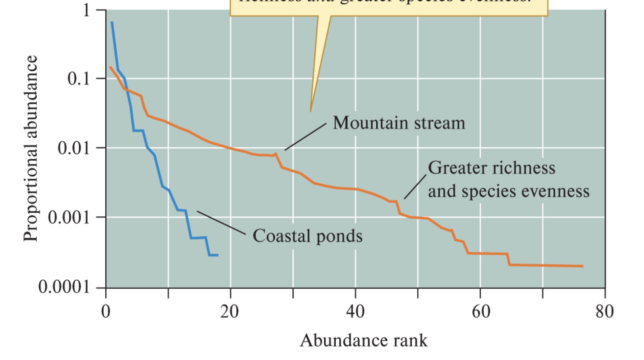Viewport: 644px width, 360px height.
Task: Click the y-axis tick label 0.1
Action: [x=78, y=78]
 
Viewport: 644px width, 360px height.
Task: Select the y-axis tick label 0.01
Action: [x=74, y=148]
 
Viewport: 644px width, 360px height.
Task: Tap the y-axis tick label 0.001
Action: [x=69, y=217]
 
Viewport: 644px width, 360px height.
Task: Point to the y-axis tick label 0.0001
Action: [x=64, y=287]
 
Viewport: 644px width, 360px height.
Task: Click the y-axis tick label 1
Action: [x=86, y=10]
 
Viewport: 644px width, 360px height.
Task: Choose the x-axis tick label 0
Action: [x=106, y=312]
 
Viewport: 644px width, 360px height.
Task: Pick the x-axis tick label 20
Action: [x=230, y=312]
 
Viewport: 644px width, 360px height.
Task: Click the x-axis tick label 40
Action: [x=355, y=312]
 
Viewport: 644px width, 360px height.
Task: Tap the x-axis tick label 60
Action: [x=481, y=312]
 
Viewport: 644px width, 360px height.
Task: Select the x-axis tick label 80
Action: [x=605, y=312]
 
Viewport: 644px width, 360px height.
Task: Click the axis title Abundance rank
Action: [x=364, y=340]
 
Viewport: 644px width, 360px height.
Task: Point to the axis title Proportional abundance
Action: [x=30, y=148]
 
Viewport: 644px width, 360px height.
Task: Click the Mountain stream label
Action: [x=399, y=123]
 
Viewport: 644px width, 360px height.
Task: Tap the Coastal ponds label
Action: [x=307, y=236]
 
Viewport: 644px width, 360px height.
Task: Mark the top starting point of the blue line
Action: [x=112, y=23]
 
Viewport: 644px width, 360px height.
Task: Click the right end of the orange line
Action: [x=582, y=266]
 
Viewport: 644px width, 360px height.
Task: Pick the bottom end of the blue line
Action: [x=218, y=255]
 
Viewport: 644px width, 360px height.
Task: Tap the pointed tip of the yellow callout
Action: [x=310, y=111]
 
